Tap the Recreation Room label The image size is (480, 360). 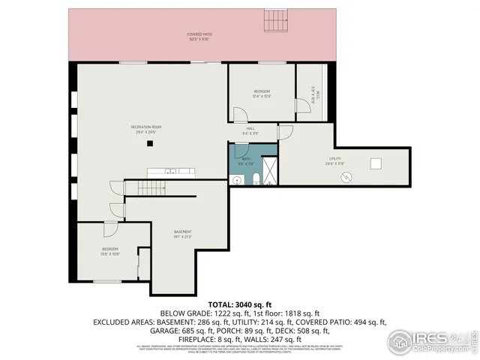pyautogui.click(x=147, y=128)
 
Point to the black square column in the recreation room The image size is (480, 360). pyautogui.click(x=150, y=142)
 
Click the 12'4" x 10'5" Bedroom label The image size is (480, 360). pyautogui.click(x=261, y=93)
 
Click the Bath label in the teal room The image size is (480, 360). pyautogui.click(x=245, y=159)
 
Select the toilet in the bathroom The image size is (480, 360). pyautogui.click(x=255, y=178)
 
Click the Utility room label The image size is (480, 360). pyautogui.click(x=334, y=160)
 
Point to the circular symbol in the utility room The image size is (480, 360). pyautogui.click(x=346, y=176)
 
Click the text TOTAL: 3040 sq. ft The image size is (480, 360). pyautogui.click(x=240, y=304)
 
